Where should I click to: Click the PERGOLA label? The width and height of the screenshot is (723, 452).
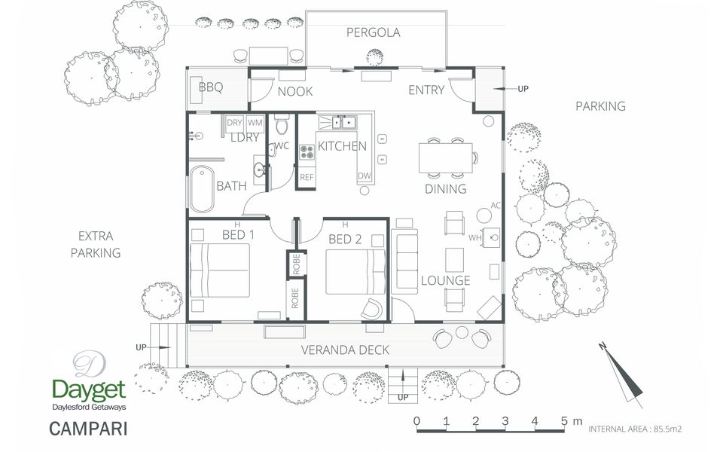373,32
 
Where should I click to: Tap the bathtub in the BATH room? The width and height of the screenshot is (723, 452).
202,189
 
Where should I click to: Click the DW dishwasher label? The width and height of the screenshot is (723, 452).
365,176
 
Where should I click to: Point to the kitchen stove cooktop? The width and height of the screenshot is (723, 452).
307,152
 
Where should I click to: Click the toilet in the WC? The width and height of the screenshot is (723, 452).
281,124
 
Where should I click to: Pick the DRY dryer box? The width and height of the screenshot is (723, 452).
235,123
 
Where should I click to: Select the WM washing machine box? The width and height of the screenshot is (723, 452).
255,123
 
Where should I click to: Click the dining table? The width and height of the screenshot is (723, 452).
446,157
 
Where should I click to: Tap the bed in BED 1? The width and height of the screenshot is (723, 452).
220,270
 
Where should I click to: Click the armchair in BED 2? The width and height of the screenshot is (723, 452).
373,309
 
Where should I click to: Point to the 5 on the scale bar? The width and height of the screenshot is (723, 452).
564,420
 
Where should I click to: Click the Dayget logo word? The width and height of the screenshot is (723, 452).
89,391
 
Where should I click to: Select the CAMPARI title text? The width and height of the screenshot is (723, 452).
88,429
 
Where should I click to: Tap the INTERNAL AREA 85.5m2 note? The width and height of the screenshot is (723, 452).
635,429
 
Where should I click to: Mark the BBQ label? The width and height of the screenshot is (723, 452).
211,87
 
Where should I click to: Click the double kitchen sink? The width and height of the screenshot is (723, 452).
343,122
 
